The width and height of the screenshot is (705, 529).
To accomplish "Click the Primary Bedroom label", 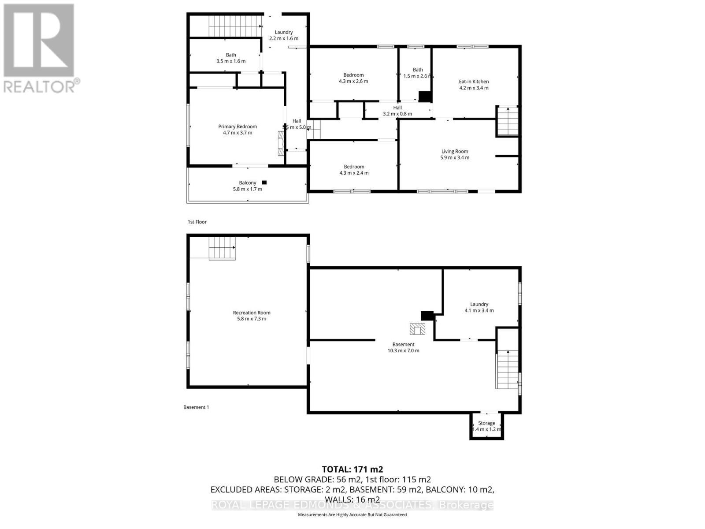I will coord(237,127).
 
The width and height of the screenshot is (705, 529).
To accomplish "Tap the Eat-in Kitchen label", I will coord(474,82).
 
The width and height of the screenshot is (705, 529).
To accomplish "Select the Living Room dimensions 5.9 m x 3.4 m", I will coord(455,158).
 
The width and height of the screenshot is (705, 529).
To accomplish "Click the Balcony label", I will coord(247,183).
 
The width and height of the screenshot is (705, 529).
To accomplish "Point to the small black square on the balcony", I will coord(264,183).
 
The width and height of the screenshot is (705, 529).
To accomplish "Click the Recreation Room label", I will coord(252,313).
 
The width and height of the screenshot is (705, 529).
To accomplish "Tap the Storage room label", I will coord(486,423).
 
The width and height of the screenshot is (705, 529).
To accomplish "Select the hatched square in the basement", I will coord(417,329).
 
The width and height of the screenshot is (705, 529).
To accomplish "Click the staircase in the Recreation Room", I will coord(222,248).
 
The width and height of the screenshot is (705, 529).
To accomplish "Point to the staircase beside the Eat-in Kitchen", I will coord(508,121).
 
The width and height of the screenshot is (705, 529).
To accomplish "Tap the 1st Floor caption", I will coord(197,222).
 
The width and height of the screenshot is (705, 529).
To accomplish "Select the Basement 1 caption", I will coord(196,407).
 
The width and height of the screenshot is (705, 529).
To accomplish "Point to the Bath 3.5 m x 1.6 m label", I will coord(231,58).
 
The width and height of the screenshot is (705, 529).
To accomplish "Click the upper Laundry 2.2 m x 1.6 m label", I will coord(284,35).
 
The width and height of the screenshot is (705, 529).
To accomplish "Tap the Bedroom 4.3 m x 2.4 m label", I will coord(354,170).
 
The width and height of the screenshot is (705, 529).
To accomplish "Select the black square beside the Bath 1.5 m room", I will coord(424,97).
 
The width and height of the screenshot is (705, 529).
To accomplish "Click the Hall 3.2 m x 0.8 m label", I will coord(397,111).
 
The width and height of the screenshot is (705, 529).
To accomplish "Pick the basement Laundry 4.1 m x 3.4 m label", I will coord(479,307).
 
